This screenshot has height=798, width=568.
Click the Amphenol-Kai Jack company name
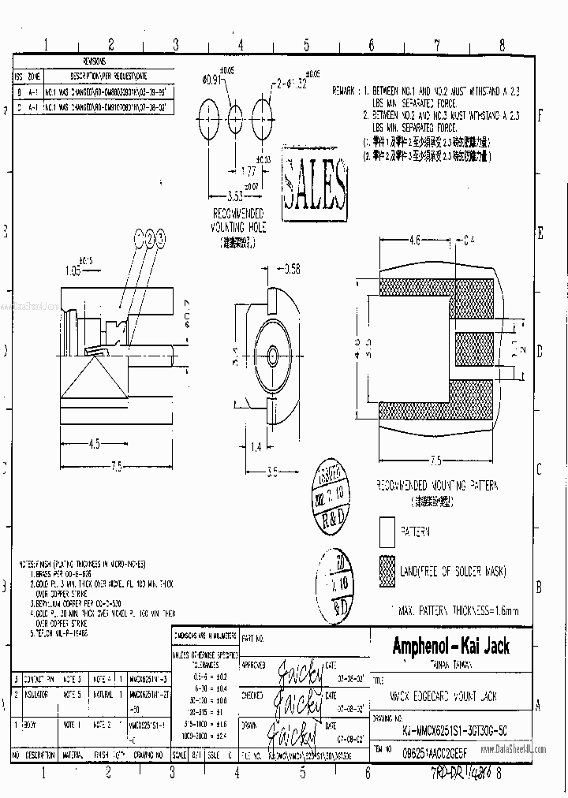click(x=450, y=647)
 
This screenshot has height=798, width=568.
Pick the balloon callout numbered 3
click(x=160, y=237)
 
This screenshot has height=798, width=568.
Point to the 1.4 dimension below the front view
click(x=256, y=448)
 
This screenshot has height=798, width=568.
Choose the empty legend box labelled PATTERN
click(x=386, y=532)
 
